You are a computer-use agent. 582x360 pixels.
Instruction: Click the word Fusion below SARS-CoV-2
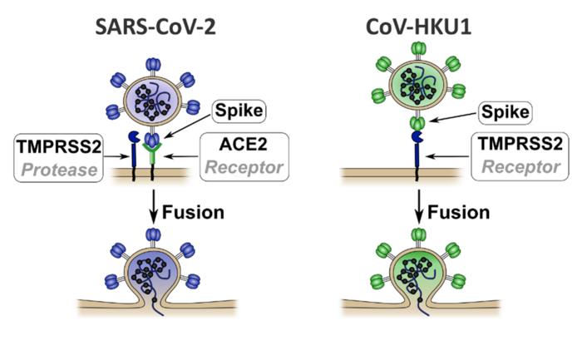(194, 211)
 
